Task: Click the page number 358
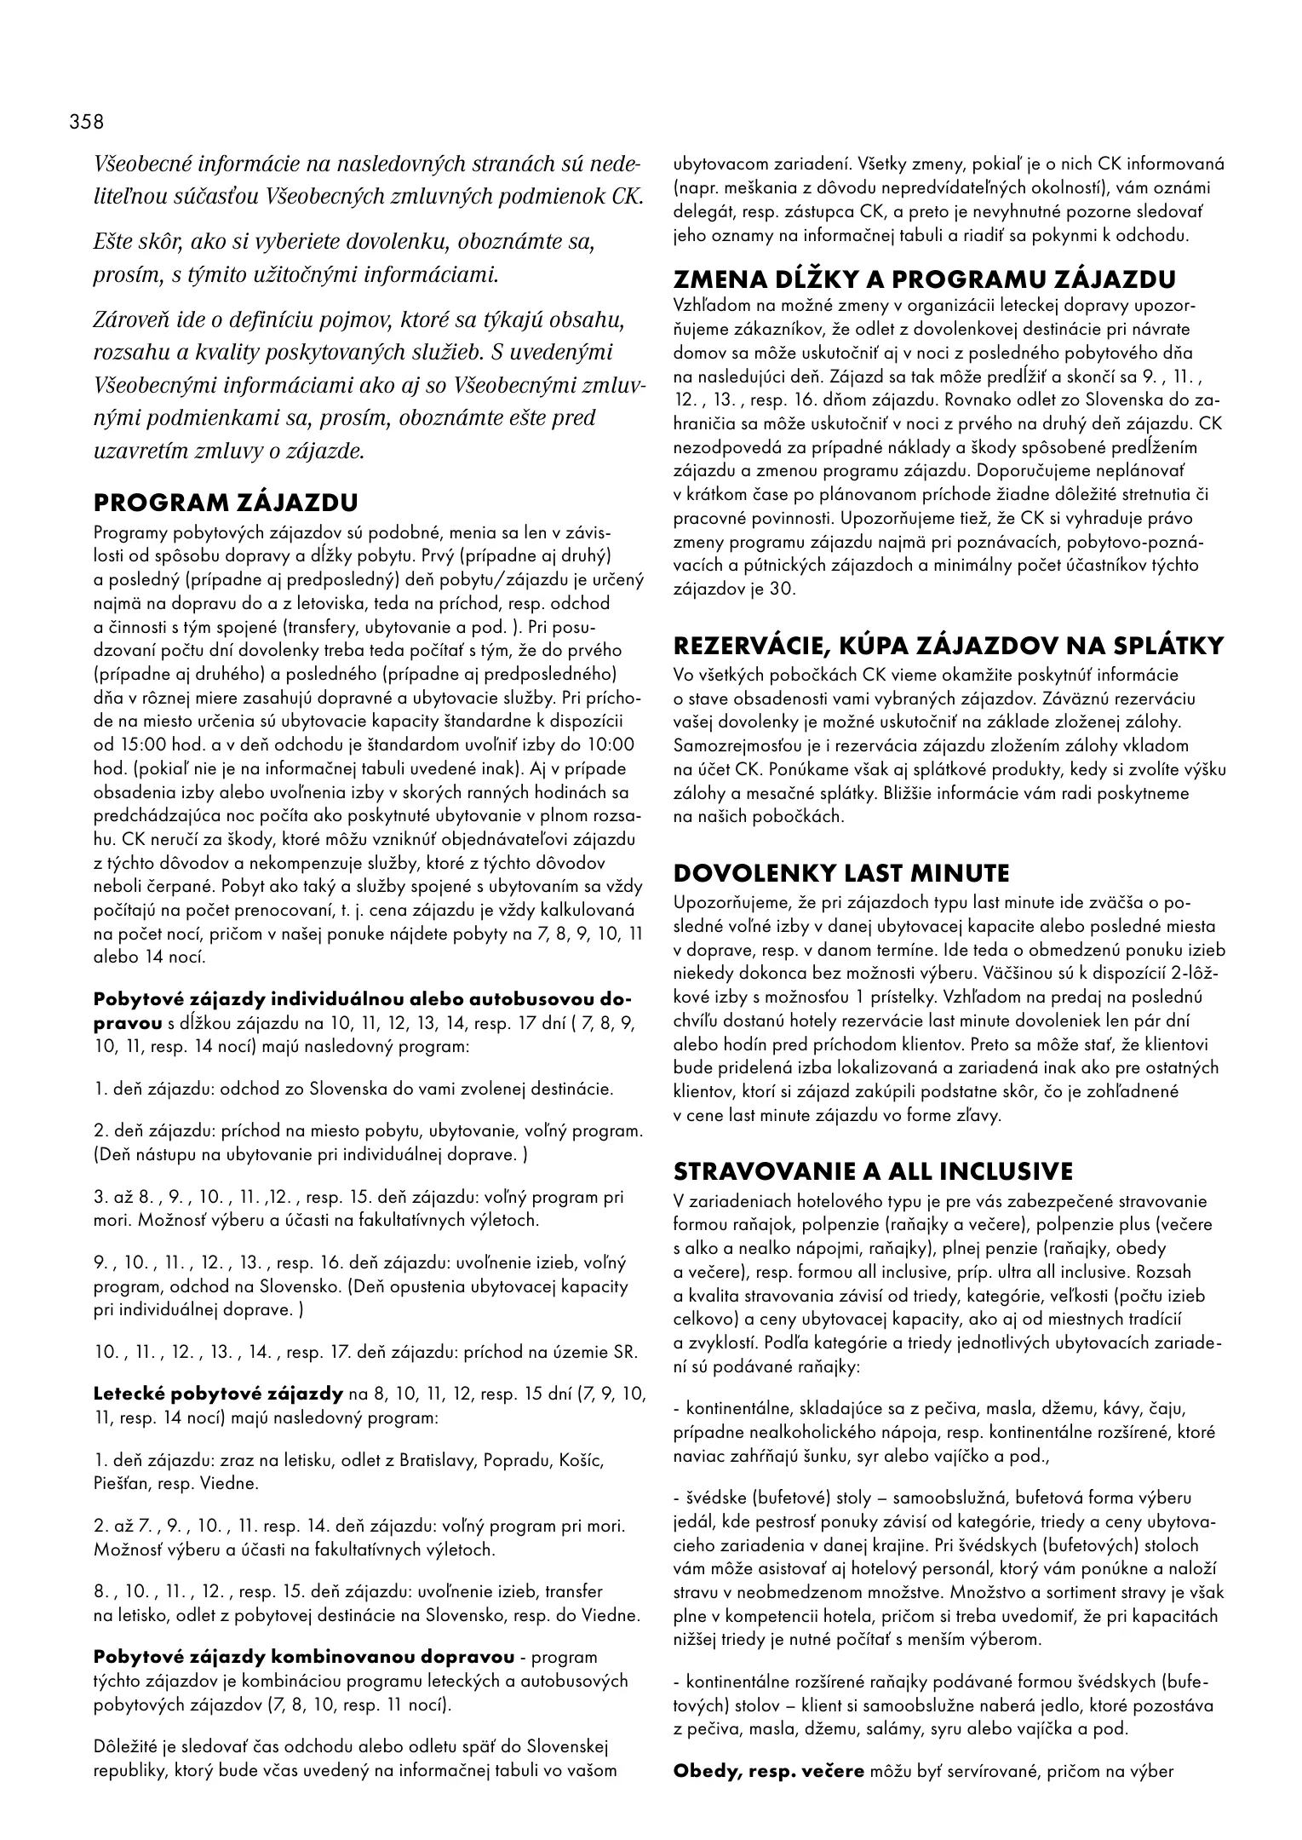[87, 122]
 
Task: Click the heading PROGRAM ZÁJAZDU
[226, 502]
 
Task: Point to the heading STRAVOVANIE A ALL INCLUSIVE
[873, 1171]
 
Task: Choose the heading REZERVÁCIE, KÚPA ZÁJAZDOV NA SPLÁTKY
[948, 646]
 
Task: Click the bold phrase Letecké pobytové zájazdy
[218, 1394]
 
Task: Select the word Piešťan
[122, 1483]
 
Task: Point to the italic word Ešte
[112, 242]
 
